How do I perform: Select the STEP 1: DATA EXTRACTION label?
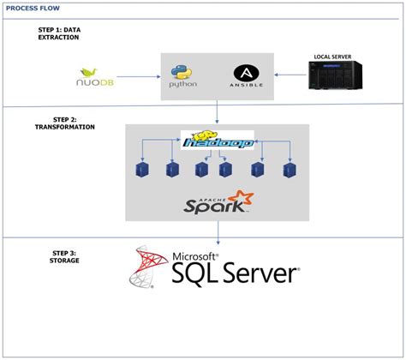point(59,35)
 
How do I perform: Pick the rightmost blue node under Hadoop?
point(290,171)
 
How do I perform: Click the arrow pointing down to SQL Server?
point(220,231)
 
